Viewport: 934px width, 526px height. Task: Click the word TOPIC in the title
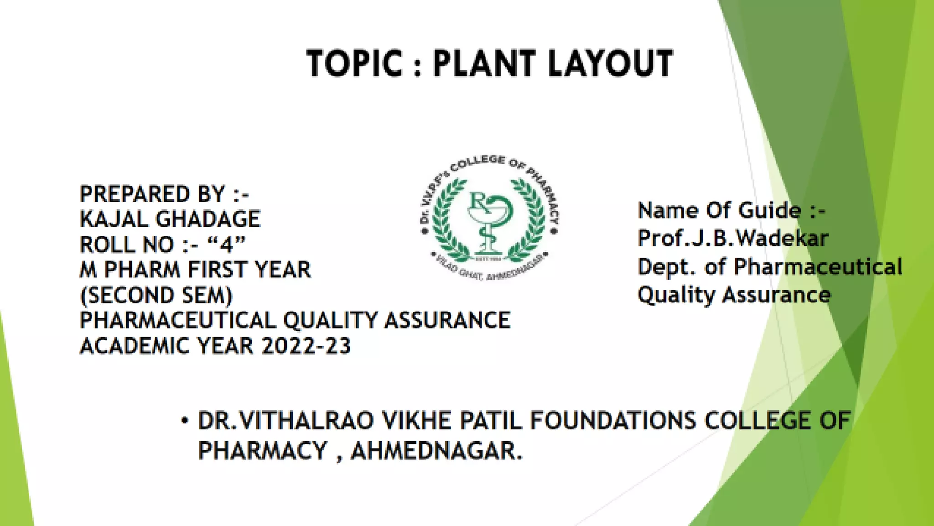(355, 63)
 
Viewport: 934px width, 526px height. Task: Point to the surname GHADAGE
(208, 219)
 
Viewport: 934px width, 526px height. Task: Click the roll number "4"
(226, 245)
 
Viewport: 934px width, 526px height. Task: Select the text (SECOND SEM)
(156, 295)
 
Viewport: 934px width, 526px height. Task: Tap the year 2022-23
(306, 346)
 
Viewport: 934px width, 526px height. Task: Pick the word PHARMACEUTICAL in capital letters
(177, 320)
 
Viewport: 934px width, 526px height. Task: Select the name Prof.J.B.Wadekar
(732, 239)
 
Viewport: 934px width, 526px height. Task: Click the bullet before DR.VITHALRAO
(184, 420)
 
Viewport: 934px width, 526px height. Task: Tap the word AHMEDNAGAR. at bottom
(436, 451)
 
